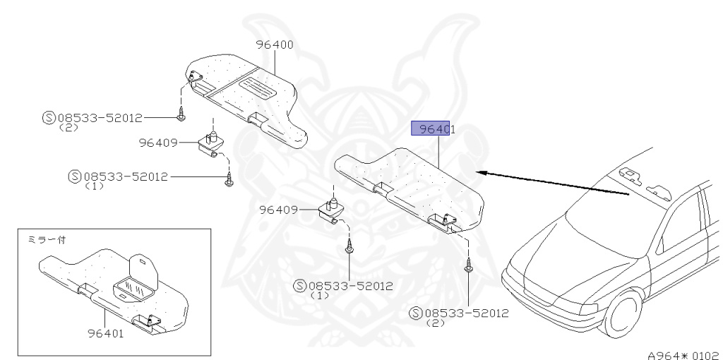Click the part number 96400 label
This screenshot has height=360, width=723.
(275, 44)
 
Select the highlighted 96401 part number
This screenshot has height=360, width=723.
(432, 129)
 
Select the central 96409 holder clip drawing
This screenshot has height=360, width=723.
(330, 210)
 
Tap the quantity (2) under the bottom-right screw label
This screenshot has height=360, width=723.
(436, 323)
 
